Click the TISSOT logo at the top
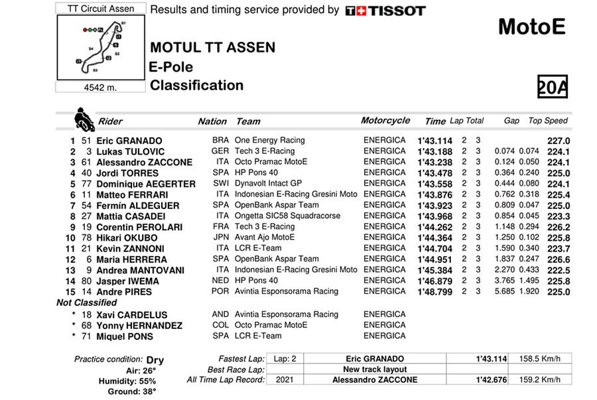click(385, 11)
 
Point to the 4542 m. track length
click(100, 87)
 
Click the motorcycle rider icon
click(84, 119)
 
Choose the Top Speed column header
click(548, 121)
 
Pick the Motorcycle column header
click(385, 121)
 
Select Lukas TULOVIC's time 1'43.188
click(434, 151)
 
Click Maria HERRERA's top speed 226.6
click(559, 259)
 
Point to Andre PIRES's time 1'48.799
click(434, 291)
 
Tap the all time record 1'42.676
click(491, 380)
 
